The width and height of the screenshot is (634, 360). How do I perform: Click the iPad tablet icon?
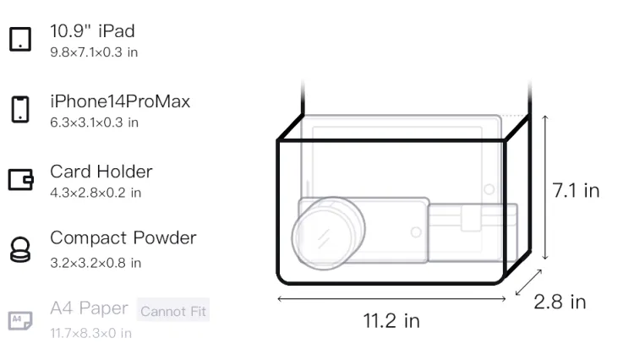(x=20, y=39)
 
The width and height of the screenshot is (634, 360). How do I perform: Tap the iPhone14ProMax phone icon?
(x=20, y=109)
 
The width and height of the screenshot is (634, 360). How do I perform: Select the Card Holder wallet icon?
(x=20, y=179)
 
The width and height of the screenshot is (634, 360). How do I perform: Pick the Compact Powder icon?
(x=19, y=249)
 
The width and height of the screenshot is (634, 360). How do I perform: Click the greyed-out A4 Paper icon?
(x=20, y=320)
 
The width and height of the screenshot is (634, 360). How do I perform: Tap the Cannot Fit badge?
(x=173, y=311)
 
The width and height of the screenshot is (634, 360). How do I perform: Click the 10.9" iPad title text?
(x=92, y=31)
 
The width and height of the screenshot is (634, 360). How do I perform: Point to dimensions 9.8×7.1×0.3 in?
(x=94, y=52)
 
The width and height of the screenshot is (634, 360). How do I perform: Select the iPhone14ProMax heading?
(x=120, y=101)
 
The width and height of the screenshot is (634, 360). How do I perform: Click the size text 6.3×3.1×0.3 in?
(x=94, y=123)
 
